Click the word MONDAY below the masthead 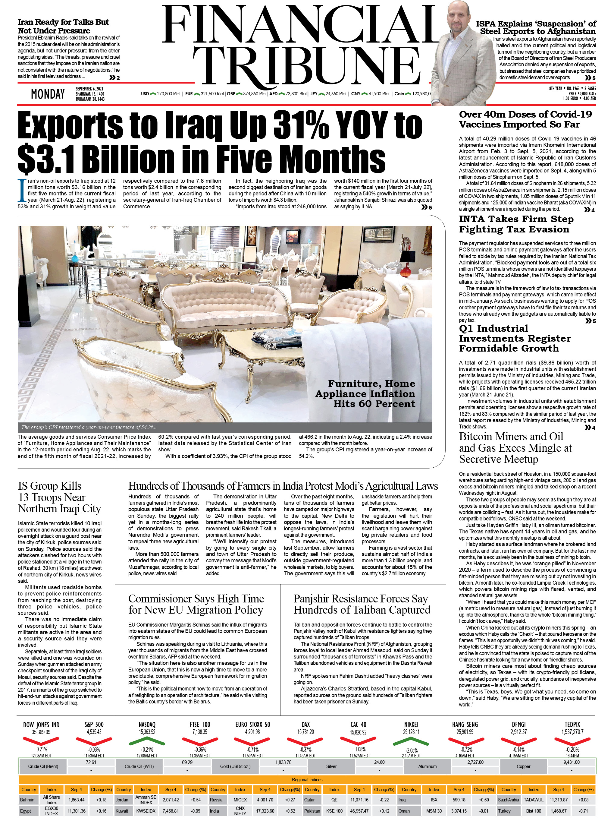(48, 94)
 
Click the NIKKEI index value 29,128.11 (411, 732)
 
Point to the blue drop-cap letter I (22, 191)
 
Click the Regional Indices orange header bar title (307, 779)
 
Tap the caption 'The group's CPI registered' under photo (89, 427)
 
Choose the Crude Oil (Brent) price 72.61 (91, 762)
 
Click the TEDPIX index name (572, 724)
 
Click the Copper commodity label (523, 766)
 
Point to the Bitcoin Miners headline (515, 447)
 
